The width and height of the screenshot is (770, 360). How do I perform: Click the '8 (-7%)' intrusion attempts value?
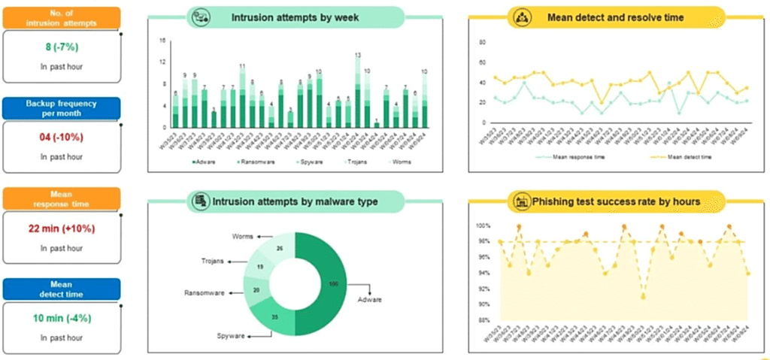pyautogui.click(x=61, y=47)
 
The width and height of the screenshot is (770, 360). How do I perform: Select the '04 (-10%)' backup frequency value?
pyautogui.click(x=61, y=137)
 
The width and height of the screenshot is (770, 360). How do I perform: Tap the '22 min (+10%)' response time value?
pyautogui.click(x=61, y=228)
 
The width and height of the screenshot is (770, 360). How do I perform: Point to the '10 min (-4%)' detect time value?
pyautogui.click(x=61, y=318)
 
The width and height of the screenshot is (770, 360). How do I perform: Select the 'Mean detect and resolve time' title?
pyautogui.click(x=615, y=17)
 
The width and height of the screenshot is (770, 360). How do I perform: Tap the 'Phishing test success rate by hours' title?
pyautogui.click(x=617, y=201)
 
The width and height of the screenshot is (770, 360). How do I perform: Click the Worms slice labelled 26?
pyautogui.click(x=279, y=249)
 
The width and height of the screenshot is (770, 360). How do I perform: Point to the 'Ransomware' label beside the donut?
pyautogui.click(x=205, y=293)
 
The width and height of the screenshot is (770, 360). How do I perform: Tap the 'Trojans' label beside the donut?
pyautogui.click(x=213, y=262)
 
